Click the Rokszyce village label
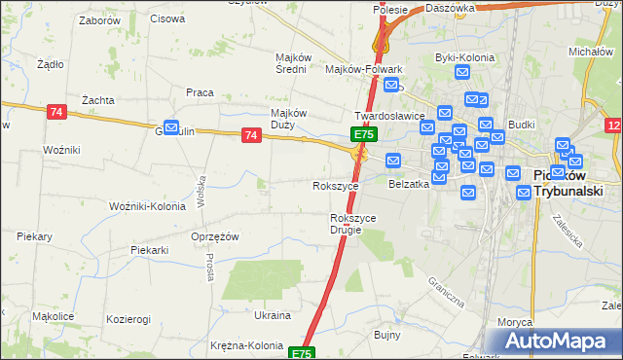tap(335, 185)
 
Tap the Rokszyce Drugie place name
tap(353, 224)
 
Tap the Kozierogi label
tap(129, 319)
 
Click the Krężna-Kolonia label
tap(246, 345)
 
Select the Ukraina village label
tap(273, 315)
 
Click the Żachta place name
tap(98, 99)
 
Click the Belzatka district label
tap(409, 183)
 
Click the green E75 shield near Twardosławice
tap(363, 133)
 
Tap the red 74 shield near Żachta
tap(55, 112)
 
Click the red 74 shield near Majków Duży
tap(252, 135)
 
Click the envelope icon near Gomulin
tap(172, 127)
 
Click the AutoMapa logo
tap(557, 341)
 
